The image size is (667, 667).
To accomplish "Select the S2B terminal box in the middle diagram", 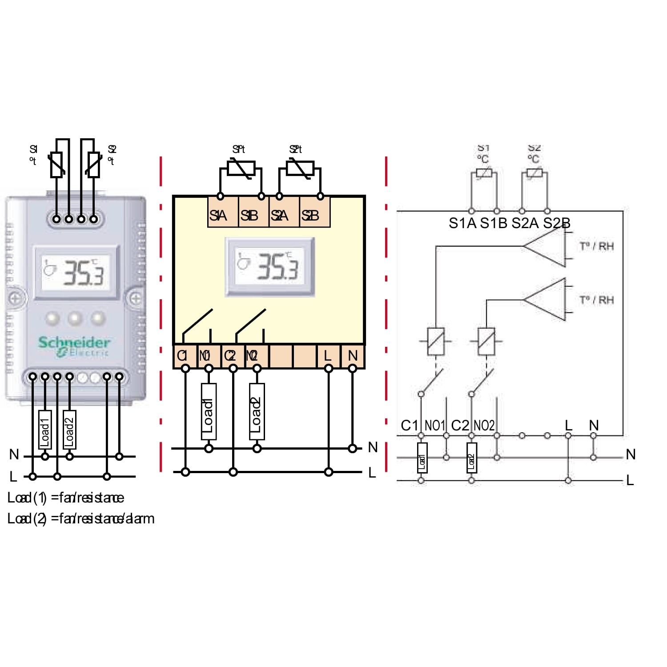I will pos(315,215).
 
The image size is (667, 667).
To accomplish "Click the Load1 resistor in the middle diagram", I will pos(209,411).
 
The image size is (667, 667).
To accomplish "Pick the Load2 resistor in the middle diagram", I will pos(257,411).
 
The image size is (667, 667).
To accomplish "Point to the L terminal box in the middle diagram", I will pos(328,356).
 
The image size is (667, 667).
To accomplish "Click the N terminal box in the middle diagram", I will pos(353,356).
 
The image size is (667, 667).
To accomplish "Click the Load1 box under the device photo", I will pos(45,430).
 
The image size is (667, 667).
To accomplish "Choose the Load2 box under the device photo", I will pos(69,430).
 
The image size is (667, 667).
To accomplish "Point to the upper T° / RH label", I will pos(597,246).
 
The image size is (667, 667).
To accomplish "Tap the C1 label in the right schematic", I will pos(409,426).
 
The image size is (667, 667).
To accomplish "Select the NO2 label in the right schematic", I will pos(484,426).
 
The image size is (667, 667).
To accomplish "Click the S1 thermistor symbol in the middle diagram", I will pos(241,169).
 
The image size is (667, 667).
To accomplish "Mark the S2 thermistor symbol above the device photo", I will pos(93,165).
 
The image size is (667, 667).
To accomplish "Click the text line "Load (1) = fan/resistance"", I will pos(66,498).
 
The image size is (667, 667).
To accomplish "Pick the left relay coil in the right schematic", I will pos(436,342).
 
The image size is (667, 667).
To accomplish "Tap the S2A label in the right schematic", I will pos(525,223).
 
